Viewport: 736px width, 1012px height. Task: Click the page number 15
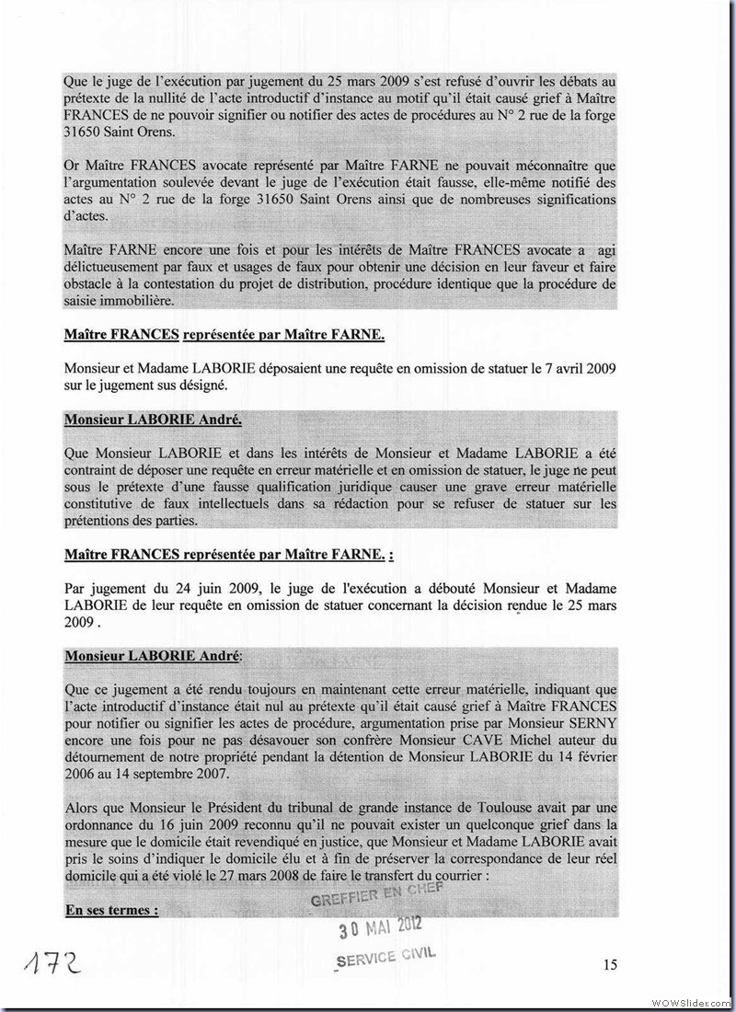pyautogui.click(x=610, y=964)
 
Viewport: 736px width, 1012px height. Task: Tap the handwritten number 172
pyautogui.click(x=46, y=966)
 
